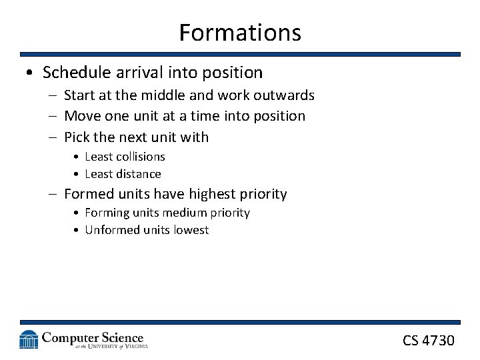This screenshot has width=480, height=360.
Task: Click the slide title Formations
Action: [240, 32]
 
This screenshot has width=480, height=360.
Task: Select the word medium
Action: [191, 213]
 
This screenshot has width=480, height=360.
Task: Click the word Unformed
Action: [113, 230]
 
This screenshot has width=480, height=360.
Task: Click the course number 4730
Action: [439, 341]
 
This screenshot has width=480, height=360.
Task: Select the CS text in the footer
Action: [411, 341]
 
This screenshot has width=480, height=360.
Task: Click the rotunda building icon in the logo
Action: [29, 339]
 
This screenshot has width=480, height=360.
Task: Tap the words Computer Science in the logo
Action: [93, 337]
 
